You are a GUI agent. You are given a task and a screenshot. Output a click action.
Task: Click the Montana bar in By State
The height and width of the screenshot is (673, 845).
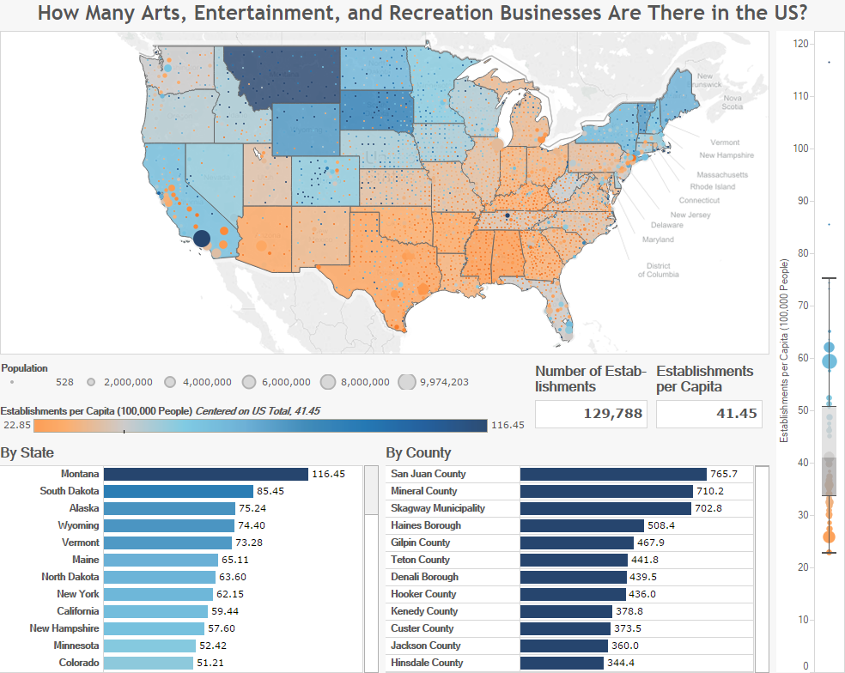[x=206, y=474]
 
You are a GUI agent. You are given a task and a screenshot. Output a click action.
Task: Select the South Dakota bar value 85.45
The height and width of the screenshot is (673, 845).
[x=271, y=491]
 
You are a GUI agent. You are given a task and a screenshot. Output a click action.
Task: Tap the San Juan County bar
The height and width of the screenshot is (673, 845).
[x=613, y=474]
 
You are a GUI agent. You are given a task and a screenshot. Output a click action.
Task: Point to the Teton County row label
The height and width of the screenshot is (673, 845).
[x=420, y=560]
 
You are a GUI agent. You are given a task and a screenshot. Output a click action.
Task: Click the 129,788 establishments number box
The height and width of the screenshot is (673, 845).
[x=591, y=414]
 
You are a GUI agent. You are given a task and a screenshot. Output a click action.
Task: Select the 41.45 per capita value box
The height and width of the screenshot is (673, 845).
[x=709, y=414]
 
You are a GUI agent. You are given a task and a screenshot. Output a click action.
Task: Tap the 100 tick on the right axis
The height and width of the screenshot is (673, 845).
[x=801, y=149]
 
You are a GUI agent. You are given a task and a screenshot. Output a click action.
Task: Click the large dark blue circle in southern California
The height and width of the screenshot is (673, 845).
[x=202, y=238]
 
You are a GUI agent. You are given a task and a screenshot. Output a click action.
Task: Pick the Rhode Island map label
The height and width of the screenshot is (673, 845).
[x=713, y=186]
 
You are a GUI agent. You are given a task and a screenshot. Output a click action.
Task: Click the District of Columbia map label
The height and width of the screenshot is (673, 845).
[x=659, y=270]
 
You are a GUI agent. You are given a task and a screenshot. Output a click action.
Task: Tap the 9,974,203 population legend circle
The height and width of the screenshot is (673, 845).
[x=407, y=382]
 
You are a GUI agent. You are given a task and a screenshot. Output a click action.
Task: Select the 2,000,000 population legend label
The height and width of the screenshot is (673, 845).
[x=128, y=382]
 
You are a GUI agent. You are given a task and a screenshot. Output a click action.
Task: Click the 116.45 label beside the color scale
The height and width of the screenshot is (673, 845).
[x=508, y=425]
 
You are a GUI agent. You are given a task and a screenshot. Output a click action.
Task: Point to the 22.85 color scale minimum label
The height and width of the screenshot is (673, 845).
[x=17, y=425]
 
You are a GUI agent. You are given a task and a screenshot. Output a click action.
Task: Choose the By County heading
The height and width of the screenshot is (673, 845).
[x=418, y=452]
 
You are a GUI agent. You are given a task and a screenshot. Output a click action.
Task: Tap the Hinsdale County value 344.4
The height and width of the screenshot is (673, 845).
[x=621, y=663]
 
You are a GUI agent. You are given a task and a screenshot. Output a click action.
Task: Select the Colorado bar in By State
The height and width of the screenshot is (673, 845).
[x=149, y=663]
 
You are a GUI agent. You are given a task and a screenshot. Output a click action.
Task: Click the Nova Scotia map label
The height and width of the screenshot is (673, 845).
[x=733, y=102]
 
